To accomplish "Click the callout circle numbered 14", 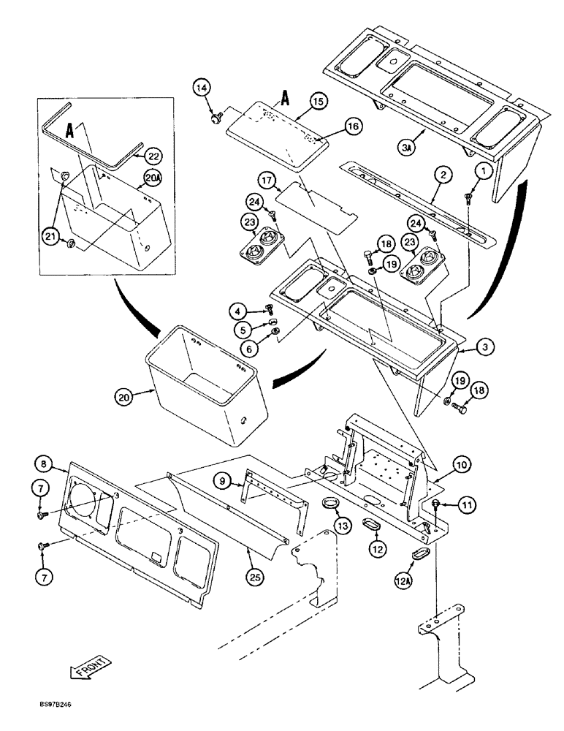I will [204, 89].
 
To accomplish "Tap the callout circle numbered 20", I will [125, 397].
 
